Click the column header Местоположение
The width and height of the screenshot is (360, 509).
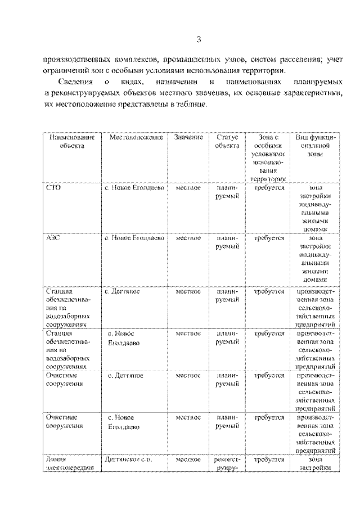pyautogui.click(x=136, y=138)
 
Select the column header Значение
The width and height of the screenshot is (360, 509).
pyautogui.click(x=188, y=138)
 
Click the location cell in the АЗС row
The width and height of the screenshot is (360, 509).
pyautogui.click(x=134, y=238)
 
